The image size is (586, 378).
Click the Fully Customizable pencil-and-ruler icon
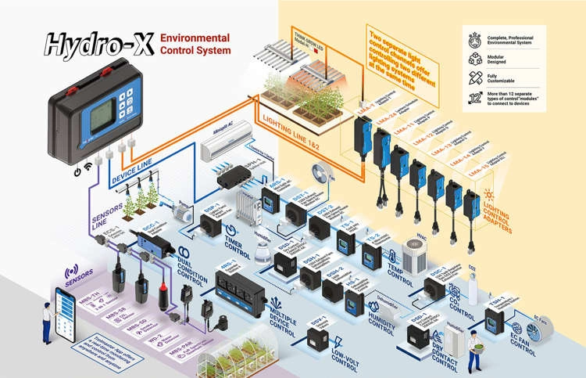coord(473,78)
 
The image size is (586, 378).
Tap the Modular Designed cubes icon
coord(473,58)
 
